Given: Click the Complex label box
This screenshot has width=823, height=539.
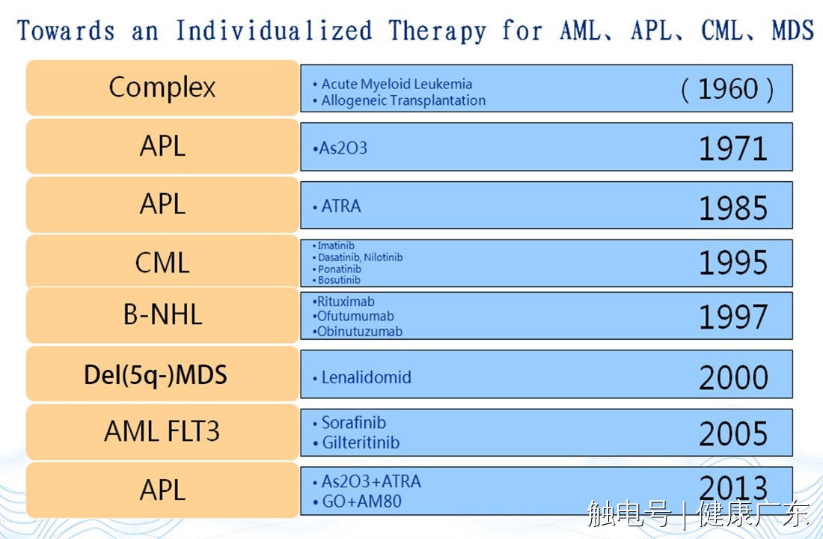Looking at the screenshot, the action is [x=162, y=88].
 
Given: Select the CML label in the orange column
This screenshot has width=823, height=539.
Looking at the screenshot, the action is [x=162, y=262].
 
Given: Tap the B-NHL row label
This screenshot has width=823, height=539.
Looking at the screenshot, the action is [x=162, y=314].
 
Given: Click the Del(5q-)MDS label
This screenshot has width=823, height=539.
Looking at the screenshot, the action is [x=156, y=375].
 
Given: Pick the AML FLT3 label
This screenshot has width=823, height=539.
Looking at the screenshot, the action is [x=162, y=431].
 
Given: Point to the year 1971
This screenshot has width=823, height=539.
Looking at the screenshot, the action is [x=733, y=149].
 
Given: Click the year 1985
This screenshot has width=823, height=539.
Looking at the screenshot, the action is [x=733, y=207].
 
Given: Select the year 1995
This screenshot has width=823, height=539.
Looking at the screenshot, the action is [x=733, y=263].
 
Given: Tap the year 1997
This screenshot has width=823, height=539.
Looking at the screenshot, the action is [x=733, y=317].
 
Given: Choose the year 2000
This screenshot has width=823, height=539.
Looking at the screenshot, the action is [x=733, y=377].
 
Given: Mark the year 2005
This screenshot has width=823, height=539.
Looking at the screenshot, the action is [x=733, y=433].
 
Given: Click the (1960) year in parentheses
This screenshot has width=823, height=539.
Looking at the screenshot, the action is [x=727, y=89].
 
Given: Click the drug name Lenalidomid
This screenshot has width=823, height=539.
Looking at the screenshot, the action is [x=366, y=377].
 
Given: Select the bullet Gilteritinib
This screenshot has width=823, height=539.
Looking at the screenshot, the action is [x=356, y=443].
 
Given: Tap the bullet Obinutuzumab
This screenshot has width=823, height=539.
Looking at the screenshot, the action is [x=358, y=332].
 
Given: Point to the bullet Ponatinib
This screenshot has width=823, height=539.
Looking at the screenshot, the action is [x=337, y=269].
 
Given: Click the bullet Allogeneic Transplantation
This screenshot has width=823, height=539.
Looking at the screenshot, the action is [x=399, y=100].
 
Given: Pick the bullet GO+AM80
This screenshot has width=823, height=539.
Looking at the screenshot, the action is [x=357, y=502].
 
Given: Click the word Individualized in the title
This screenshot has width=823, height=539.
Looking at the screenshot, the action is [x=274, y=31].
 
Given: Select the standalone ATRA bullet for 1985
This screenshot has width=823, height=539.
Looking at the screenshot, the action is [x=337, y=206].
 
